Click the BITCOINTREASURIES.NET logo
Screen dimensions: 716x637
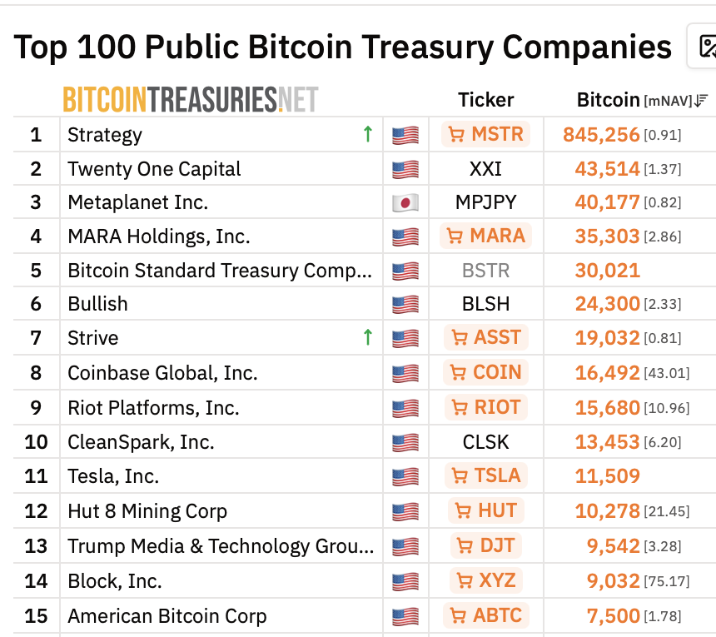point(191,100)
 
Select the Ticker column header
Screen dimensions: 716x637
point(486,100)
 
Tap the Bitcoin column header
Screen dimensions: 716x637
point(609,100)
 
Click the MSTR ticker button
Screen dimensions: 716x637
point(486,134)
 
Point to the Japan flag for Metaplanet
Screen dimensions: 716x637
point(405,202)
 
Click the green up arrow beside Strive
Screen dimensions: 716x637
point(368,337)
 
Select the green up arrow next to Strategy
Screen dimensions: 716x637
point(368,134)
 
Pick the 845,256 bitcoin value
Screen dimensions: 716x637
point(601,135)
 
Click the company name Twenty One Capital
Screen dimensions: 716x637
point(154,169)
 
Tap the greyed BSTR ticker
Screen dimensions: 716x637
point(486,271)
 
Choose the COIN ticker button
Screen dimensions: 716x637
point(486,372)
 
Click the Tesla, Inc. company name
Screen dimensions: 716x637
point(113,476)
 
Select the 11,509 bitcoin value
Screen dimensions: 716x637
point(607,476)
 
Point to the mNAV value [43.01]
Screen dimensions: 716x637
point(667,374)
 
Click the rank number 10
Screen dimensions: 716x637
point(36,442)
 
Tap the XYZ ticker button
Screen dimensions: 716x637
point(486,581)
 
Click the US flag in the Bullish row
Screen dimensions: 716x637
point(405,304)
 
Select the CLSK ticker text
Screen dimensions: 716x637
point(486,442)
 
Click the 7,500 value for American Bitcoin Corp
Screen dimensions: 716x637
point(614,616)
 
